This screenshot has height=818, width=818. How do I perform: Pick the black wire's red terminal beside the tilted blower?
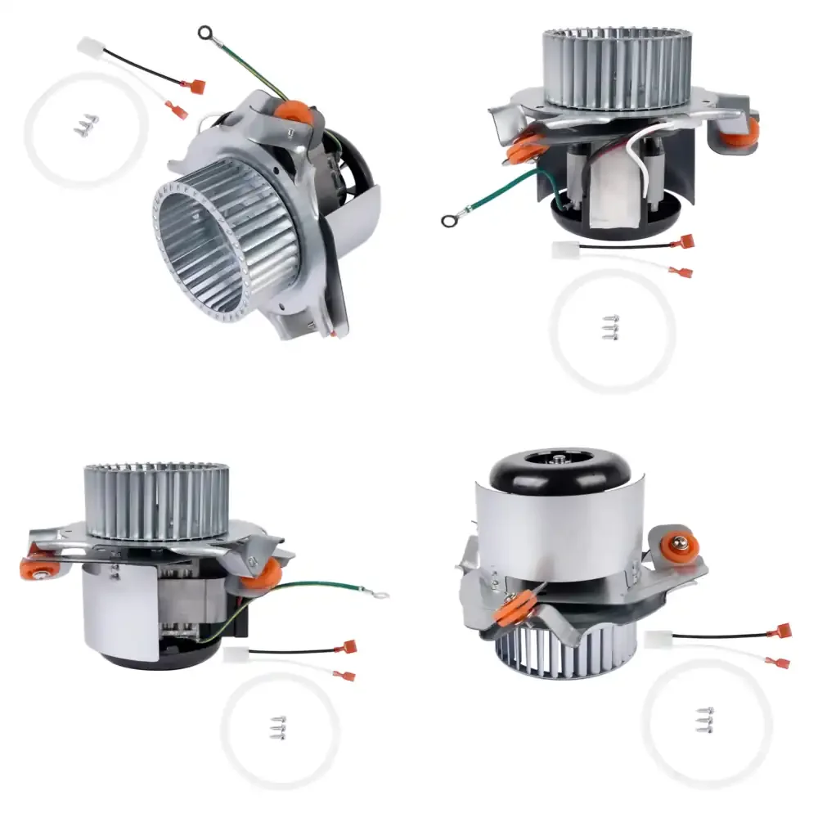point(196,85)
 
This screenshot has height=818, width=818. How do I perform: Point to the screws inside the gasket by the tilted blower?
point(85,124)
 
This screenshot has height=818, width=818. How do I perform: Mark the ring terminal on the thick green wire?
point(448,219)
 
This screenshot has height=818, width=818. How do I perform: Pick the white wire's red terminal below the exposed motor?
point(681,272)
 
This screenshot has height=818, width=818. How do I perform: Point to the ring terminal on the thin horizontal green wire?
point(380,594)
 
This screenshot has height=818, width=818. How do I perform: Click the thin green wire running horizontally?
point(327,586)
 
